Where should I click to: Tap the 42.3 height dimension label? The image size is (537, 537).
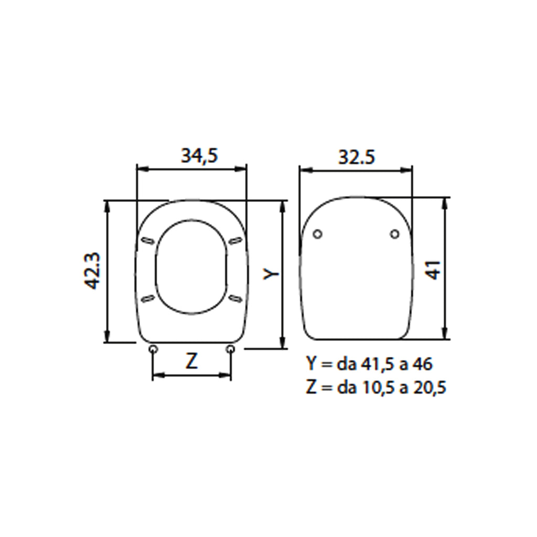tap(93, 272)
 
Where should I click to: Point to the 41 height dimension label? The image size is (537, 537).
tap(432, 268)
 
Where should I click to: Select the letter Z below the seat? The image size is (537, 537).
tap(192, 361)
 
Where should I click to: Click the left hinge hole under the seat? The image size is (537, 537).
tap(153, 349)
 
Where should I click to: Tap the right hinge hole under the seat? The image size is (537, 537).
tap(231, 349)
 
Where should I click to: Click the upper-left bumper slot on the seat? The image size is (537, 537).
tap(148, 240)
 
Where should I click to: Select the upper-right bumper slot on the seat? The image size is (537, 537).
tap(235, 240)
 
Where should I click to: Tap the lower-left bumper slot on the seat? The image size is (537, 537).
tap(148, 298)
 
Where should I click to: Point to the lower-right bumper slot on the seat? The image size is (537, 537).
tap(235, 298)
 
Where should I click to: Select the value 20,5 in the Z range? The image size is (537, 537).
tap(428, 388)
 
